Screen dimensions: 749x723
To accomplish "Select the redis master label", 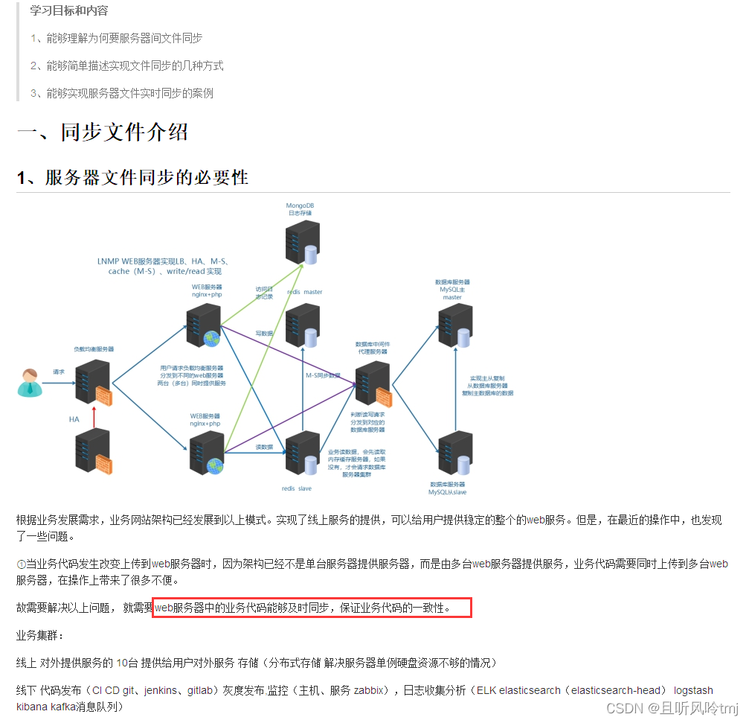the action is click(304, 292).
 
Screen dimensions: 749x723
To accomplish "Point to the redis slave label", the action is click(296, 488).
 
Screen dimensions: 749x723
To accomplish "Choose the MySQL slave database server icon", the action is click(454, 453).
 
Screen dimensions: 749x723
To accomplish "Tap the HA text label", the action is click(74, 419).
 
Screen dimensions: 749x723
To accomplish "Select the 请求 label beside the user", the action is click(59, 371).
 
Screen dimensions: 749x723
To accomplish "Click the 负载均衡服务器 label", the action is click(94, 348).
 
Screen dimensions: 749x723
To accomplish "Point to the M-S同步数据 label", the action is click(323, 375).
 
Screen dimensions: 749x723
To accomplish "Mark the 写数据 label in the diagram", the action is click(264, 333).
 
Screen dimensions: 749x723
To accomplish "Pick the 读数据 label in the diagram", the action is click(264, 447).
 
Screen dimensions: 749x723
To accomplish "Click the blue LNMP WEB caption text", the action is click(164, 267).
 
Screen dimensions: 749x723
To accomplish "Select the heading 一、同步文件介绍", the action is click(103, 133).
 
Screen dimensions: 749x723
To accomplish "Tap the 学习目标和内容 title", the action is click(68, 10).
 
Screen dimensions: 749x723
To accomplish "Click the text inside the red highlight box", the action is click(312, 608).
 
